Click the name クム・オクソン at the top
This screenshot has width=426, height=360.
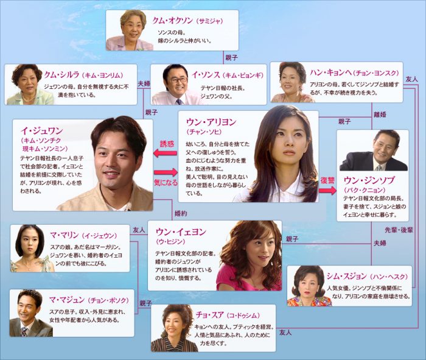tap(172, 21)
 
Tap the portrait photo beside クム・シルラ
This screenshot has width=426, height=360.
tap(29, 85)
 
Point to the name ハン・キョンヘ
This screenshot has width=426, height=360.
tap(331, 72)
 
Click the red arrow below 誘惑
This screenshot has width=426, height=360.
tap(165, 154)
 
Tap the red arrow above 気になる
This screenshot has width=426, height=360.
tap(166, 172)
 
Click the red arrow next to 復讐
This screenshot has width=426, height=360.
tap(327, 190)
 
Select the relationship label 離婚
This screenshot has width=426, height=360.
tap(380, 115)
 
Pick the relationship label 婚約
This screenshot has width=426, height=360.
tap(181, 213)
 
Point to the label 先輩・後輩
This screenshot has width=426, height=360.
tap(399, 230)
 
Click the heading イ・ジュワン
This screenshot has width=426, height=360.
tap(42, 131)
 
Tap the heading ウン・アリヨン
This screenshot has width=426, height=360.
tap(211, 122)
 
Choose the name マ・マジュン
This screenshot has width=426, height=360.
tap(67, 300)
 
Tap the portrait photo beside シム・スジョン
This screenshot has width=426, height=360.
tap(309, 286)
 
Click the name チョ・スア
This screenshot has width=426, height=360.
tap(210, 315)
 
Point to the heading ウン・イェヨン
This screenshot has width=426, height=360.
tap(181, 232)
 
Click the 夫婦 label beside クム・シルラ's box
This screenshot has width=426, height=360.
tap(144, 83)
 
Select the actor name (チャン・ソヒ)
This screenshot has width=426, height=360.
tap(204, 132)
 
